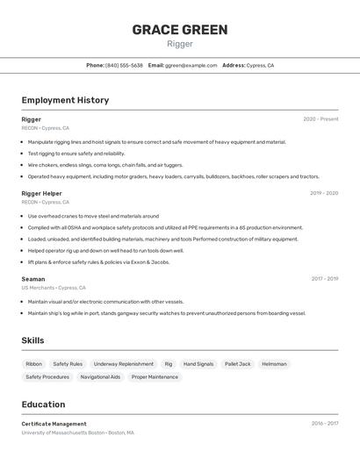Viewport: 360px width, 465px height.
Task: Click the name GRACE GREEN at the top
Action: [x=180, y=30]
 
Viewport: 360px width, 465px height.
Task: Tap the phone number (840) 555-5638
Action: [x=124, y=65]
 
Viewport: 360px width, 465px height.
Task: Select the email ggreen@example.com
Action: [x=191, y=65]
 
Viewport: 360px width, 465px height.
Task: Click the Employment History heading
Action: [x=65, y=100]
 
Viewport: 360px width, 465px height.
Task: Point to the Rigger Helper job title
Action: [x=41, y=193]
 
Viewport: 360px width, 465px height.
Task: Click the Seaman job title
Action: [x=33, y=279]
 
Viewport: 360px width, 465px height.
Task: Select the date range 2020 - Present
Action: [x=320, y=119]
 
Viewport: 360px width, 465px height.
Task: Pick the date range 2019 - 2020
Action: [x=323, y=193]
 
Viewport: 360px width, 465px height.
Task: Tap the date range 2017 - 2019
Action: [x=324, y=279]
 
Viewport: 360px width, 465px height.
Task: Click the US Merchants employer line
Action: [x=54, y=288]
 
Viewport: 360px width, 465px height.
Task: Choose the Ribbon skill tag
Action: [x=34, y=363]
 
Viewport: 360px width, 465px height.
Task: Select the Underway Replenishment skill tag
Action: [x=124, y=363]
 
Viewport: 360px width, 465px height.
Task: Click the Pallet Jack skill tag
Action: [x=237, y=363]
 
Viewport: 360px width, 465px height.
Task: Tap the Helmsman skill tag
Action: [x=274, y=363]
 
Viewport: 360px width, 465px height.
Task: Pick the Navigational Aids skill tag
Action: [x=100, y=377]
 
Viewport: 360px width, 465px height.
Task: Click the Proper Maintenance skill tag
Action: [x=155, y=377]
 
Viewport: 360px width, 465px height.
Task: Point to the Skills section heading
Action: [x=32, y=340]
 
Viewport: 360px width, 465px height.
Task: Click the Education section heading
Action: [x=43, y=404]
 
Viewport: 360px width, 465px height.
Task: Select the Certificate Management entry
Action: [x=54, y=424]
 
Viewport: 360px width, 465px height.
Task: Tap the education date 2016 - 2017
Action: [x=324, y=424]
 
